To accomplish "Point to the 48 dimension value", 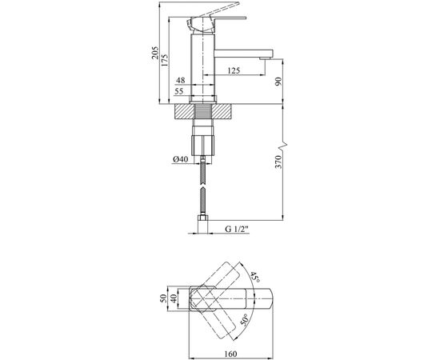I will [181, 82].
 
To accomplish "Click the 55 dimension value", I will [181, 93].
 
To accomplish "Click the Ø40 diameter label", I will [180, 160].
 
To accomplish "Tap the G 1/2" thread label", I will [238, 230].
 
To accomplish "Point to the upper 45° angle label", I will [257, 278].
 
